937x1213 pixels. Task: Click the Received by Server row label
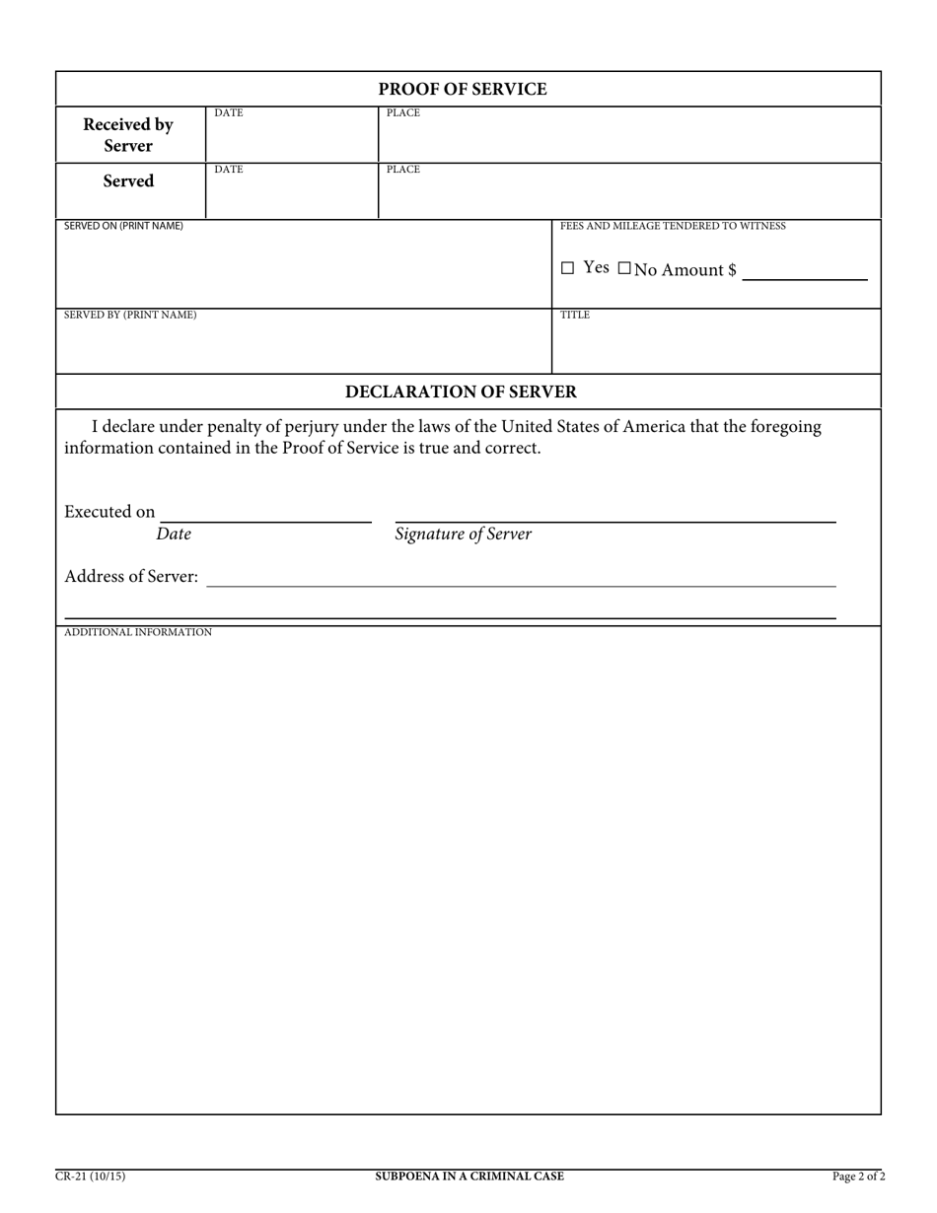pyautogui.click(x=128, y=135)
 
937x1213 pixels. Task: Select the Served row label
pyautogui.click(x=128, y=181)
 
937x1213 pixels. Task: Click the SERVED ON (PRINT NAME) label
pyautogui.click(x=123, y=226)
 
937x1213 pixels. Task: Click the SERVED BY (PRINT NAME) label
pyautogui.click(x=130, y=315)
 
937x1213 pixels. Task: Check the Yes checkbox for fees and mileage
pyautogui.click(x=567, y=268)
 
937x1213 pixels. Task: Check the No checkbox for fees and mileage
pyautogui.click(x=624, y=268)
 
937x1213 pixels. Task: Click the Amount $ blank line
pyautogui.click(x=804, y=271)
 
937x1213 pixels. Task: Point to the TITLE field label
pyautogui.click(x=575, y=315)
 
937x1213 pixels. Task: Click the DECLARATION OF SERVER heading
pyautogui.click(x=461, y=392)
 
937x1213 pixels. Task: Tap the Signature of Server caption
pyautogui.click(x=463, y=535)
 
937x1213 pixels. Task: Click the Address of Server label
pyautogui.click(x=131, y=576)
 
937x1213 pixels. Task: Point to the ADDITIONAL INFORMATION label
pyautogui.click(x=138, y=632)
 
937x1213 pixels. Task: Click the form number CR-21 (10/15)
pyautogui.click(x=90, y=1176)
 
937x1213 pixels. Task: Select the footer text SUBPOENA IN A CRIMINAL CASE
pyautogui.click(x=469, y=1176)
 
